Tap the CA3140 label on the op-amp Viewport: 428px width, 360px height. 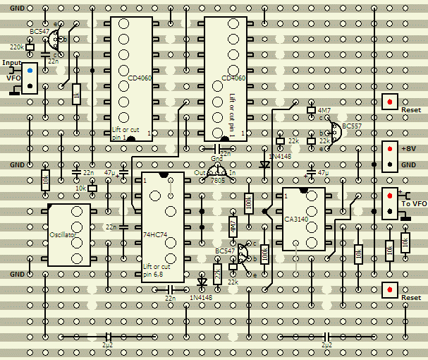298,220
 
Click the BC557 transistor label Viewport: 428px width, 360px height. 351,126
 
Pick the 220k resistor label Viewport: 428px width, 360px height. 16,47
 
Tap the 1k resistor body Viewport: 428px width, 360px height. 76,95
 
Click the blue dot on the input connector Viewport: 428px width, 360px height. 30,71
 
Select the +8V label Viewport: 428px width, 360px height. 410,150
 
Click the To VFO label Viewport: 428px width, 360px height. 414,203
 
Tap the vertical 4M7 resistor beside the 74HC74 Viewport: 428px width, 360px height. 233,226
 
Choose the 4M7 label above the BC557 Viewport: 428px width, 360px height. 324,111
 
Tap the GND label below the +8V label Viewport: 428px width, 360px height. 409,164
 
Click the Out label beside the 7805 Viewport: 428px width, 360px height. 200,172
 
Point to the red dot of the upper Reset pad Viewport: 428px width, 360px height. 389,102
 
